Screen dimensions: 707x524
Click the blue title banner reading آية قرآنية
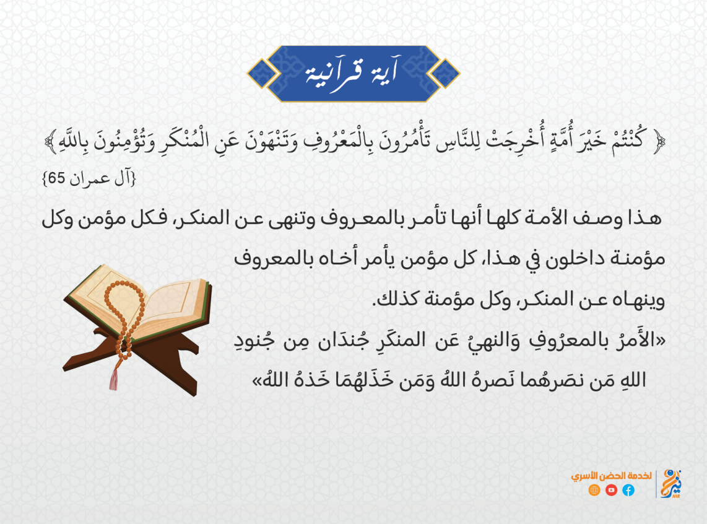coord(353,74)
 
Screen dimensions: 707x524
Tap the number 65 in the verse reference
coord(57,178)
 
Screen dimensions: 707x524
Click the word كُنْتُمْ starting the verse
coord(629,141)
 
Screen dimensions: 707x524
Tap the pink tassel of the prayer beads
coord(114,378)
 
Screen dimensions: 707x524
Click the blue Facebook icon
coord(628,490)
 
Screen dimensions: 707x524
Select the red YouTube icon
coord(611,490)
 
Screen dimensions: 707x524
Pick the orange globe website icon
coord(594,490)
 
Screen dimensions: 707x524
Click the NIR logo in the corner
coord(671,483)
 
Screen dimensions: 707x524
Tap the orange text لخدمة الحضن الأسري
coord(611,476)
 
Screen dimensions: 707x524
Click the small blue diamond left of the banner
coord(261,74)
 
